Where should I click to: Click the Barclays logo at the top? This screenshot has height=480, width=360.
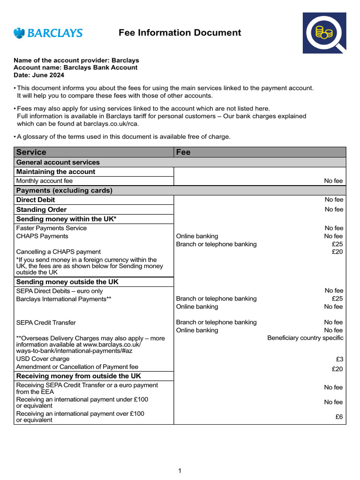pyautogui.click(x=48, y=33)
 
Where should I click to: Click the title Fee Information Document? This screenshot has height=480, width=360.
pyautogui.click(x=180, y=33)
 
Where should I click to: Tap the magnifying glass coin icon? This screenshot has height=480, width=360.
pyautogui.click(x=324, y=33)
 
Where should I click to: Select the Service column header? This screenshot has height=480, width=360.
pyautogui.click(x=31, y=152)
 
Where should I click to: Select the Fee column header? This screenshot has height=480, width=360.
pyautogui.click(x=183, y=152)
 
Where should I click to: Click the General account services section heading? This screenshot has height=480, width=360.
pyautogui.click(x=58, y=162)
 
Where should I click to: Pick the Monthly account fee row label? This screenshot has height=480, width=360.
pyautogui.click(x=45, y=181)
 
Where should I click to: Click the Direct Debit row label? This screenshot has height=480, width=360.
pyautogui.click(x=36, y=200)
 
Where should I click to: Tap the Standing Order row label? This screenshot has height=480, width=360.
pyautogui.click(x=41, y=210)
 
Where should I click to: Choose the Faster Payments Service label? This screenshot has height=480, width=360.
pyautogui.click(x=52, y=228)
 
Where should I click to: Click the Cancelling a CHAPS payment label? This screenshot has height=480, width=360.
pyautogui.click(x=58, y=252)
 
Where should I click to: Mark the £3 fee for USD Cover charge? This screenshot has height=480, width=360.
pyautogui.click(x=339, y=359)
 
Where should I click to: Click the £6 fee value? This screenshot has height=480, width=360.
pyautogui.click(x=339, y=417)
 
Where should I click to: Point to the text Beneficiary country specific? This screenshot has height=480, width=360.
pyautogui.click(x=305, y=338)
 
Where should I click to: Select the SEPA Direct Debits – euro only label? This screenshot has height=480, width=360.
pyautogui.click(x=60, y=291)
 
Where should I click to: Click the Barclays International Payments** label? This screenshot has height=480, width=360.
pyautogui.click(x=64, y=299)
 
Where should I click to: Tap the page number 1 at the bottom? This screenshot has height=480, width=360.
pyautogui.click(x=180, y=471)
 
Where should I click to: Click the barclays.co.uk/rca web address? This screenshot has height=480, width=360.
pyautogui.click(x=111, y=124)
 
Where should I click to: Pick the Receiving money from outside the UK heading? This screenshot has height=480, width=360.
pyautogui.click(x=78, y=376)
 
